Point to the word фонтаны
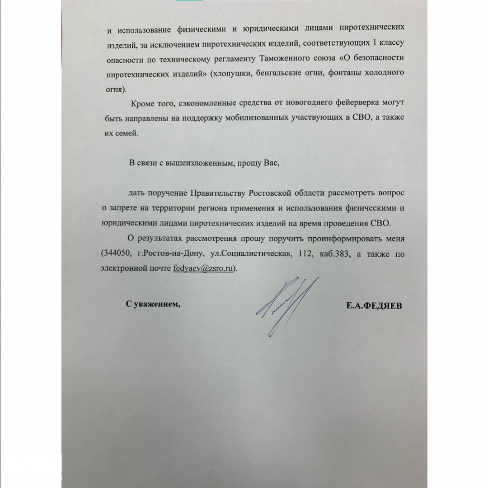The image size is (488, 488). [342, 73]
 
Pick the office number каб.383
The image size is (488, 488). [333, 253]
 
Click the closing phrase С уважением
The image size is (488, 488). [153, 304]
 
